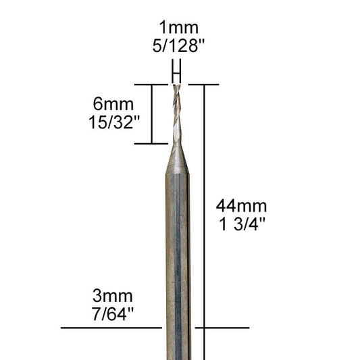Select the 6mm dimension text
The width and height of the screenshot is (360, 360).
[x=113, y=105]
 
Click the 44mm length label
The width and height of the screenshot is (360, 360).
[x=241, y=206]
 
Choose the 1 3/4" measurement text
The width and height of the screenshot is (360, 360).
[x=241, y=224]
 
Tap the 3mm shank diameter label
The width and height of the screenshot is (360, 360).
[x=113, y=296]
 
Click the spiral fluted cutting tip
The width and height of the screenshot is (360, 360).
[x=177, y=111]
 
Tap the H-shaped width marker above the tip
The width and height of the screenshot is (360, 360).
[x=177, y=70]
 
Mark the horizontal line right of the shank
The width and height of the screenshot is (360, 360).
[x=223, y=328]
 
